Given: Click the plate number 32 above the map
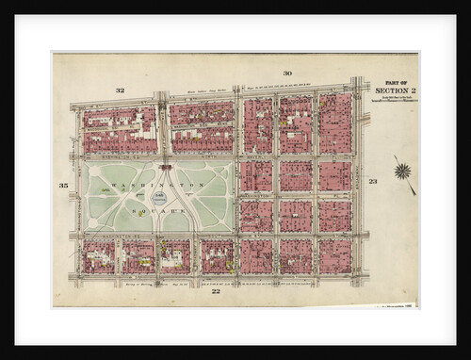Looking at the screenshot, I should [x=120, y=90].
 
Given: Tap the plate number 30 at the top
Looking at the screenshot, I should [x=286, y=74].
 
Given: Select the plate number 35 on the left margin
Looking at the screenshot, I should [x=63, y=186].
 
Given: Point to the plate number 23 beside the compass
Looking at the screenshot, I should [x=373, y=181].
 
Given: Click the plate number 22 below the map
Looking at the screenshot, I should [x=215, y=292].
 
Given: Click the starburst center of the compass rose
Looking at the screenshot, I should [x=403, y=171].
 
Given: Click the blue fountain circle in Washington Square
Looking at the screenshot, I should [x=160, y=198].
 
